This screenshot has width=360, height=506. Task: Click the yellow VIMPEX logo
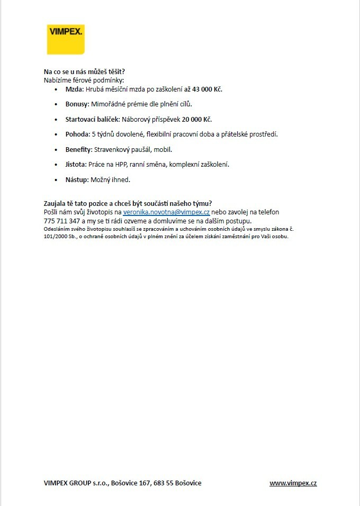pos(66,39)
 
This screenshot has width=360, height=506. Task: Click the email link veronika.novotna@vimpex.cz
pos(166,212)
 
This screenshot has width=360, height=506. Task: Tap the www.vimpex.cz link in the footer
pos(293,483)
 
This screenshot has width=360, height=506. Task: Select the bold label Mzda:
pos(75,89)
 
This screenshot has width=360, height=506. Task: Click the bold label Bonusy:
pos(77,104)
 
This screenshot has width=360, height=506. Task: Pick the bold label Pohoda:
pos(77,134)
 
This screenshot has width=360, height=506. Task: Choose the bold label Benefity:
pos(79,149)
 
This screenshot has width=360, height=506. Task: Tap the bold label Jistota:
pos(76,165)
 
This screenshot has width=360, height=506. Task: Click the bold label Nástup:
pos(77,179)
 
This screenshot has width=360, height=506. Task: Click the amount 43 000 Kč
pos(203,89)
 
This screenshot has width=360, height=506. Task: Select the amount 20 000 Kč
pos(197,119)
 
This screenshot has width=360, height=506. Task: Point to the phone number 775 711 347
pos(62,221)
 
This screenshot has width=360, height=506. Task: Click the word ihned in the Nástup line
pos(121,179)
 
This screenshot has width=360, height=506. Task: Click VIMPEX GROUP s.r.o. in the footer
pos(75,483)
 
